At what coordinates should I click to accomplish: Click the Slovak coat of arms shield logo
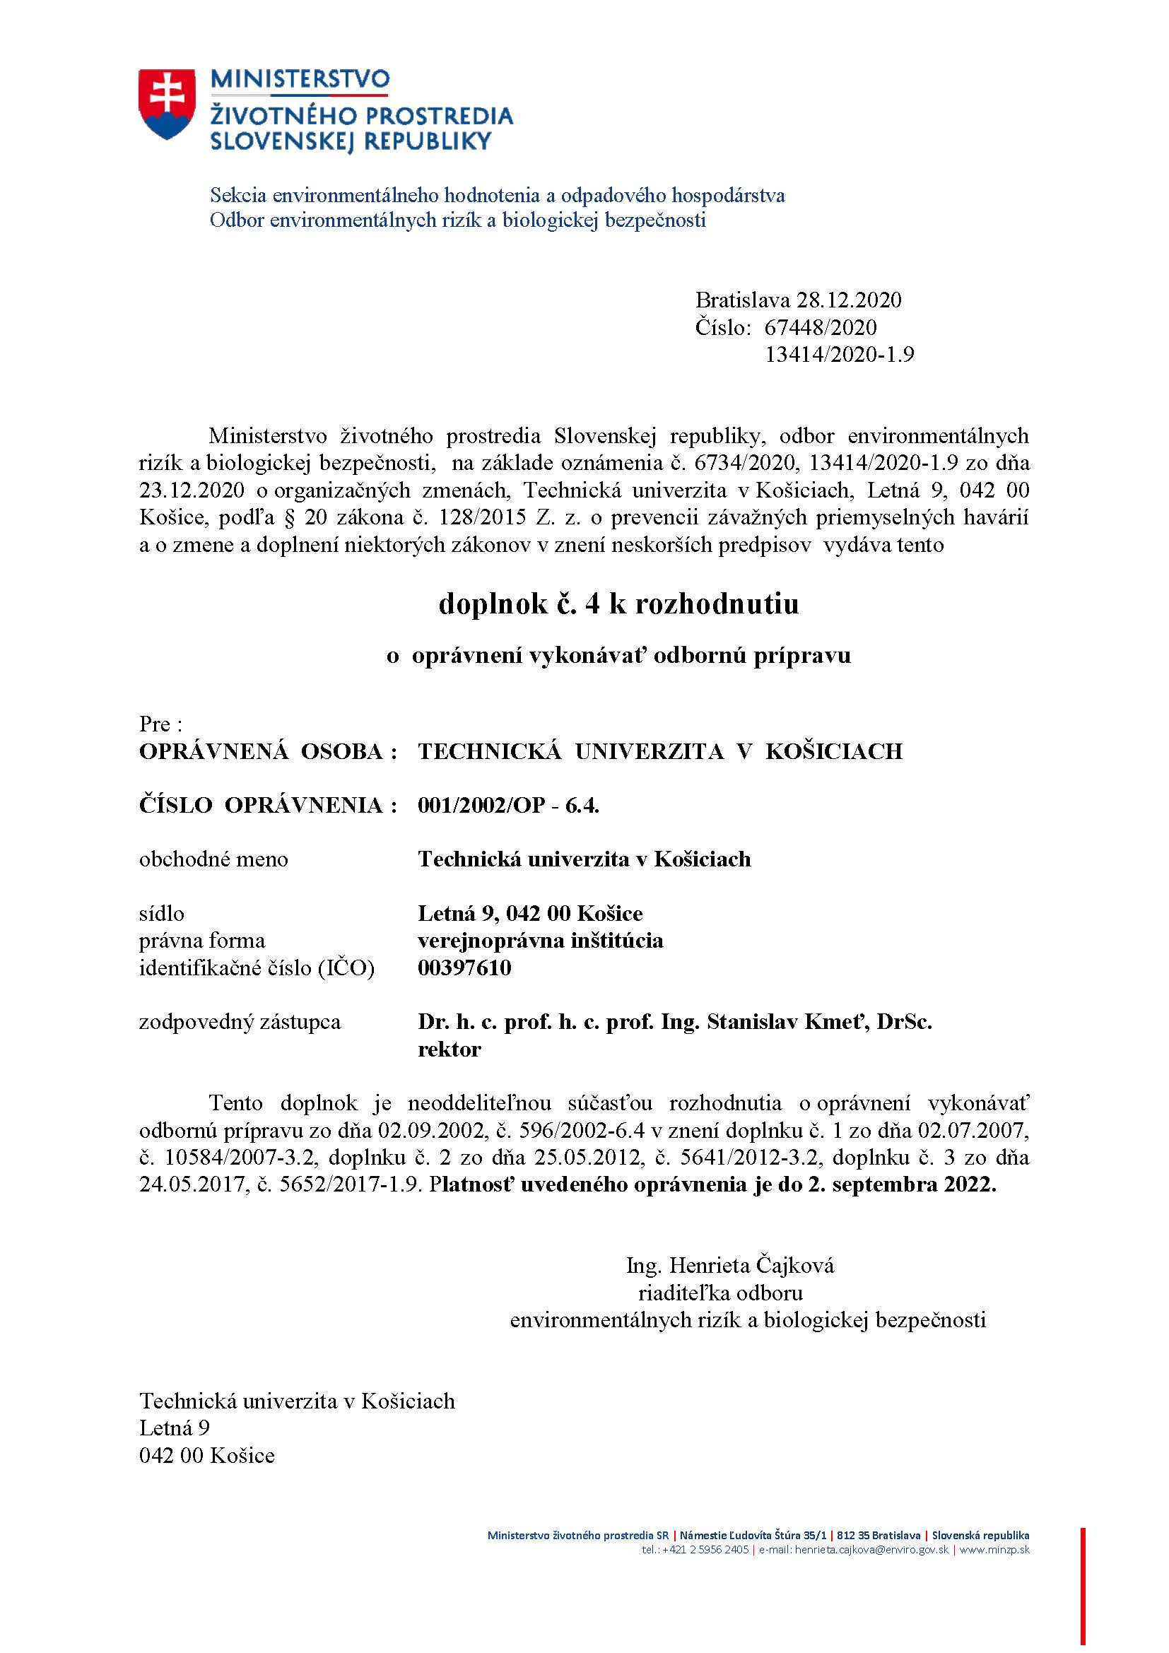pyautogui.click(x=166, y=104)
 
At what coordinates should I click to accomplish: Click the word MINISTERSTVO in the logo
pyautogui.click(x=300, y=79)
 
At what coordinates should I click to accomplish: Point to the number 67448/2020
pyautogui.click(x=821, y=328)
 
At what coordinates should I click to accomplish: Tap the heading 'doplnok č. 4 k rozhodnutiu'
pyautogui.click(x=618, y=604)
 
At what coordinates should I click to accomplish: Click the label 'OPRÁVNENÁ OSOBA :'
pyautogui.click(x=269, y=752)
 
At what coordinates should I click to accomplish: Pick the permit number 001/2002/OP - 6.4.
pyautogui.click(x=508, y=805)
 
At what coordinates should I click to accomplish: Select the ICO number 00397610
pyautogui.click(x=464, y=967)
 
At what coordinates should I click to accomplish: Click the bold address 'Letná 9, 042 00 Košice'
pyautogui.click(x=530, y=914)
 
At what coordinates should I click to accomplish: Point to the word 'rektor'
pyautogui.click(x=450, y=1049)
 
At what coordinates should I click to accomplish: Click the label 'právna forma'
pyautogui.click(x=201, y=940)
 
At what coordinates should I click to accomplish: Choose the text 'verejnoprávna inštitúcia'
pyautogui.click(x=540, y=940)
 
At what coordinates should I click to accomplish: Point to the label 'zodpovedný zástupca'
pyautogui.click(x=240, y=1023)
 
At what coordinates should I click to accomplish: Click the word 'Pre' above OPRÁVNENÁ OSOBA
pyautogui.click(x=155, y=724)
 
